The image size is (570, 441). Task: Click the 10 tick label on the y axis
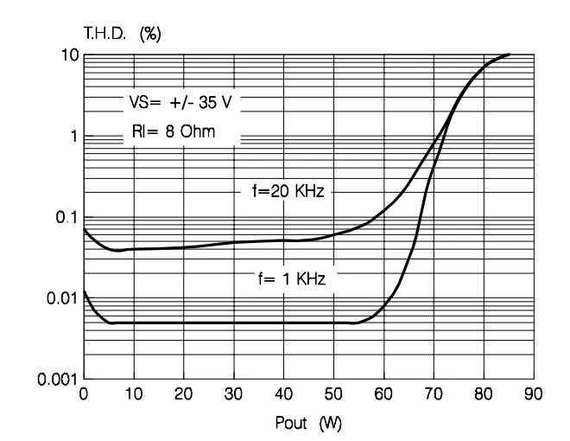click(x=70, y=55)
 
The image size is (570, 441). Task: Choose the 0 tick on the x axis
click(x=84, y=394)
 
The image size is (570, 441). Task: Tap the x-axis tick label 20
click(x=183, y=394)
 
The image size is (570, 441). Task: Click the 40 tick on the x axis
click(x=283, y=394)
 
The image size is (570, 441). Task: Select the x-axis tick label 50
click(x=333, y=394)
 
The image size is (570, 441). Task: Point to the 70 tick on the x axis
click(x=434, y=394)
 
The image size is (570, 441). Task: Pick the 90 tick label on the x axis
click(x=534, y=394)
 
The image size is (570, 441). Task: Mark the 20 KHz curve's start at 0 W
click(x=84, y=229)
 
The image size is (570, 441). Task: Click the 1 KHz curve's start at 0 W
click(x=84, y=292)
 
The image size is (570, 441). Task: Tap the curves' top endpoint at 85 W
click(x=509, y=54)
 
